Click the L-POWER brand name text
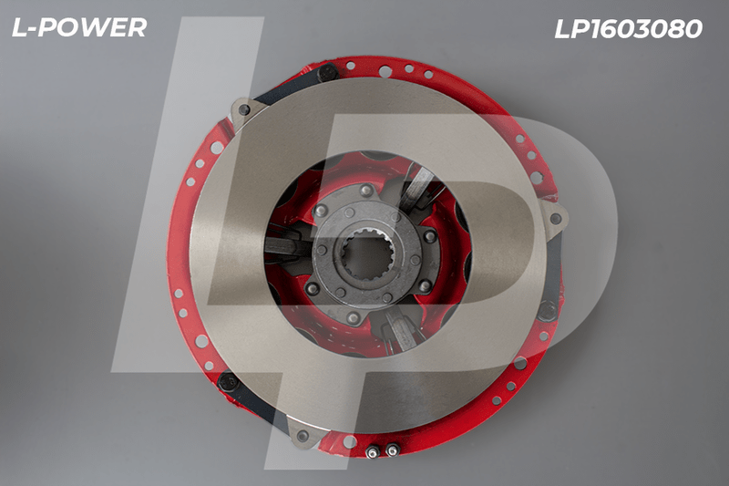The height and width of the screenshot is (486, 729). coord(79,27)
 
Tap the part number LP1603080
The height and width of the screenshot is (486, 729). coord(628,29)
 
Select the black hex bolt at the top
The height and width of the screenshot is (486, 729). coord(327,74)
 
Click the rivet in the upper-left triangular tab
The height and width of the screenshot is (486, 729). coord(244,110)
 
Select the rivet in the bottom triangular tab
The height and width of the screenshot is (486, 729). coord(303,435)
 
